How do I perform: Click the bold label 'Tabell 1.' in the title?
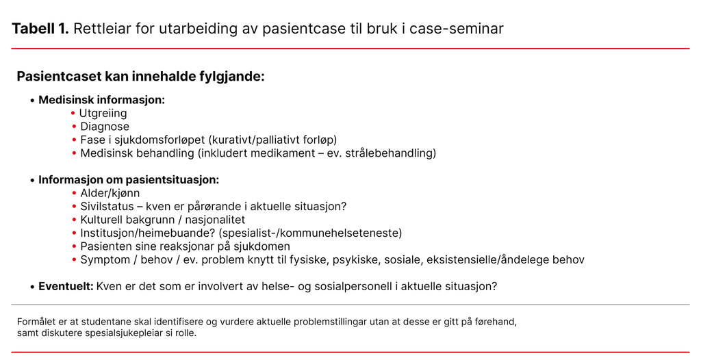[x=40, y=29]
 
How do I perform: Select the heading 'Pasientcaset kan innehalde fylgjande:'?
[x=140, y=77]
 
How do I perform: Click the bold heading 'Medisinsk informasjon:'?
[x=101, y=100]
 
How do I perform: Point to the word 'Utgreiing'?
[x=103, y=114]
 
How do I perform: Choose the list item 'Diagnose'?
[x=105, y=127]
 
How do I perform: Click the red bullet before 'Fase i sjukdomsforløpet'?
[x=74, y=140]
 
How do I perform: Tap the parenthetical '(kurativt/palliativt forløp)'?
[x=272, y=140]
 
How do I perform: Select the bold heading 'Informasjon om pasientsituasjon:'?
[x=129, y=180]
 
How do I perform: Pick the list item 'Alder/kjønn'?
[x=110, y=194]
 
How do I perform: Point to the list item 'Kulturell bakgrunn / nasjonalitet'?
[x=162, y=220]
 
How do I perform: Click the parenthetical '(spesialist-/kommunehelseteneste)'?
[x=310, y=233]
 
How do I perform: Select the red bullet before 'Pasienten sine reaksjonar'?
[x=74, y=246]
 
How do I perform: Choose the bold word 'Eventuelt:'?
[x=66, y=287]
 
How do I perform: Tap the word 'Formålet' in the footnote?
[x=35, y=322]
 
